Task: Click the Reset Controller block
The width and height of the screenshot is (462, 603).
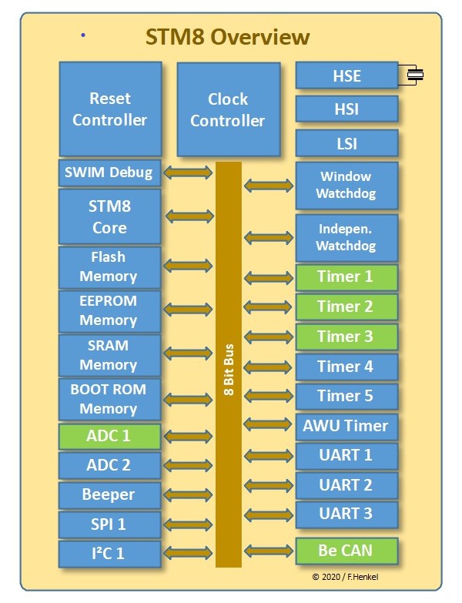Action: click(x=110, y=109)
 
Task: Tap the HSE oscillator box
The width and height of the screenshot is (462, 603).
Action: click(x=346, y=76)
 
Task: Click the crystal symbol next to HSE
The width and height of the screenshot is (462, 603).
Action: click(x=415, y=75)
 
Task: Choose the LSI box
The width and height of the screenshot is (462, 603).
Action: click(x=346, y=143)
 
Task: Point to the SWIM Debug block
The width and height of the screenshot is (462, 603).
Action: click(x=110, y=173)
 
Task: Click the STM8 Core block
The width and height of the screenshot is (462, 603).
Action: click(x=110, y=217)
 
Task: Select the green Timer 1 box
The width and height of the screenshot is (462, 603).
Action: click(x=346, y=277)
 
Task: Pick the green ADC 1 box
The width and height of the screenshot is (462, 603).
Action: click(x=109, y=436)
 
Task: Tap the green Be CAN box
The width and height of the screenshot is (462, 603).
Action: click(x=346, y=551)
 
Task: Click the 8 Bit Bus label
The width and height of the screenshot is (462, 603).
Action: click(x=229, y=370)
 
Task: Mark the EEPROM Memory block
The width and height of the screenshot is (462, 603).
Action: click(x=109, y=310)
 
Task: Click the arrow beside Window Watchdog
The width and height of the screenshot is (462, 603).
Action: click(x=269, y=186)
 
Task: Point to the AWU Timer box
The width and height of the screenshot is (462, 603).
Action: click(x=346, y=426)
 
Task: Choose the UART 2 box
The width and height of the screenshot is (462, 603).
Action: click(x=346, y=485)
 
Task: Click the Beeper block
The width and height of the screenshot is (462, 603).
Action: click(x=109, y=494)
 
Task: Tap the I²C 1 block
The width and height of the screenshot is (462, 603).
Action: click(x=109, y=553)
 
